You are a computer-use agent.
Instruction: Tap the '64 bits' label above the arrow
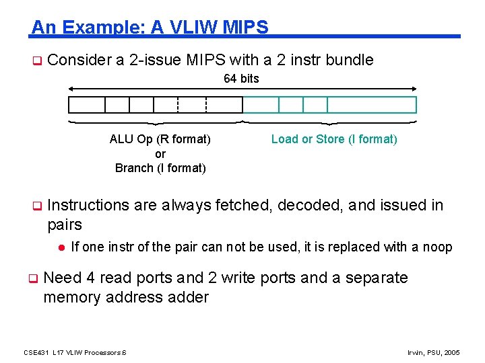pos(241,79)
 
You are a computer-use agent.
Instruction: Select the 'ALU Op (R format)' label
pos(160,139)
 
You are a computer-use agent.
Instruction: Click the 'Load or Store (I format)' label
pos(334,139)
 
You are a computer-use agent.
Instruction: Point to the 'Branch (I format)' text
pos(160,168)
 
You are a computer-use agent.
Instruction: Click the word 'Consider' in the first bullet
pos(79,60)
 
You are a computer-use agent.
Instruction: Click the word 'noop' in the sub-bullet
pos(437,247)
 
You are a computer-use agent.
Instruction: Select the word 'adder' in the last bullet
pos(187,296)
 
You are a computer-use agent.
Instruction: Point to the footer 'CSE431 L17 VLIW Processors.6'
pos(75,352)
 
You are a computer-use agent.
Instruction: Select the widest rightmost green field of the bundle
pos(372,105)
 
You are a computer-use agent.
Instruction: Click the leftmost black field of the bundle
pos(87,105)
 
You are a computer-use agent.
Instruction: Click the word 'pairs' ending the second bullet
pos(65,225)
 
